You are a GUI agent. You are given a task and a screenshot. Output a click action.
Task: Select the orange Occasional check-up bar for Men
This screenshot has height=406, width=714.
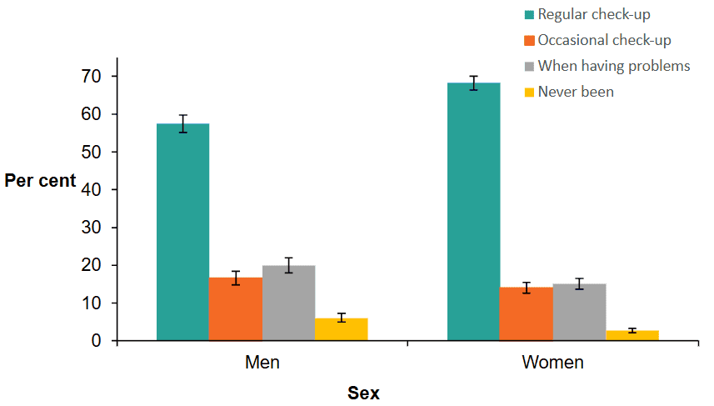(x=236, y=308)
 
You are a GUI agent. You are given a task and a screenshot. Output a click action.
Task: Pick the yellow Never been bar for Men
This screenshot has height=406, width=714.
(x=341, y=329)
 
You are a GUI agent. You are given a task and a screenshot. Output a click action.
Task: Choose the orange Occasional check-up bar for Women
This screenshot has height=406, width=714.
(x=526, y=313)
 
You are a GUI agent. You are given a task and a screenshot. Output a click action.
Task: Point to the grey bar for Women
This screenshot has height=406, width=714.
(x=579, y=312)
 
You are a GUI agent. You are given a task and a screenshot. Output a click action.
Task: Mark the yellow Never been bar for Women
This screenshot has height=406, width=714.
(x=632, y=335)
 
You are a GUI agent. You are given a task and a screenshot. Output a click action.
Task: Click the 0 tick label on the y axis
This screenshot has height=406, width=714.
(x=97, y=341)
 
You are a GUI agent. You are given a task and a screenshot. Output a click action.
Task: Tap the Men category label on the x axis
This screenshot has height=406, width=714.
(x=262, y=363)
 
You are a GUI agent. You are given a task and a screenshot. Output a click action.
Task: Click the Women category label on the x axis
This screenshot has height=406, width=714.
(x=552, y=363)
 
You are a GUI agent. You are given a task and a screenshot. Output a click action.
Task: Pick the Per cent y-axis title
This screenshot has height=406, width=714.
(x=39, y=180)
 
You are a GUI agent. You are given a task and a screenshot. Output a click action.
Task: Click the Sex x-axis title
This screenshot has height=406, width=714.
(x=363, y=393)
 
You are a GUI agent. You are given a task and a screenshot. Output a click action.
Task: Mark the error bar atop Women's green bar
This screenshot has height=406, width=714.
(x=473, y=83)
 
